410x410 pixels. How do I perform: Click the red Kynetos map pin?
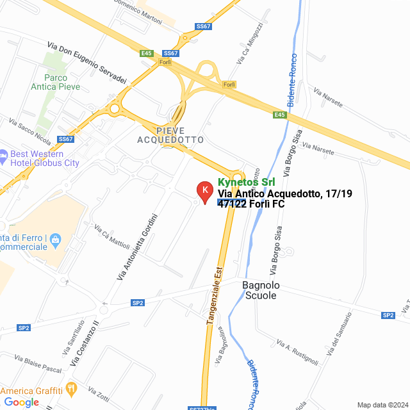click(204, 191)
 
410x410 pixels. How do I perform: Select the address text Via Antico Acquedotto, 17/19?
click(284, 193)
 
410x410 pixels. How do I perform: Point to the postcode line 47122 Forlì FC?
click(251, 204)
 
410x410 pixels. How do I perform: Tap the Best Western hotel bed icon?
click(3, 154)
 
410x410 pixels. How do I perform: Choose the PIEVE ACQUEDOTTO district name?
click(171, 135)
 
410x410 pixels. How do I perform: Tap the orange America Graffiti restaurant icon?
click(71, 389)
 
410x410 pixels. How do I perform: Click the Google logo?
click(21, 402)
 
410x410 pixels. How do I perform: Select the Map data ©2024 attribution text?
click(382, 405)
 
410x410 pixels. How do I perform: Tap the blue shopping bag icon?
click(56, 240)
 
